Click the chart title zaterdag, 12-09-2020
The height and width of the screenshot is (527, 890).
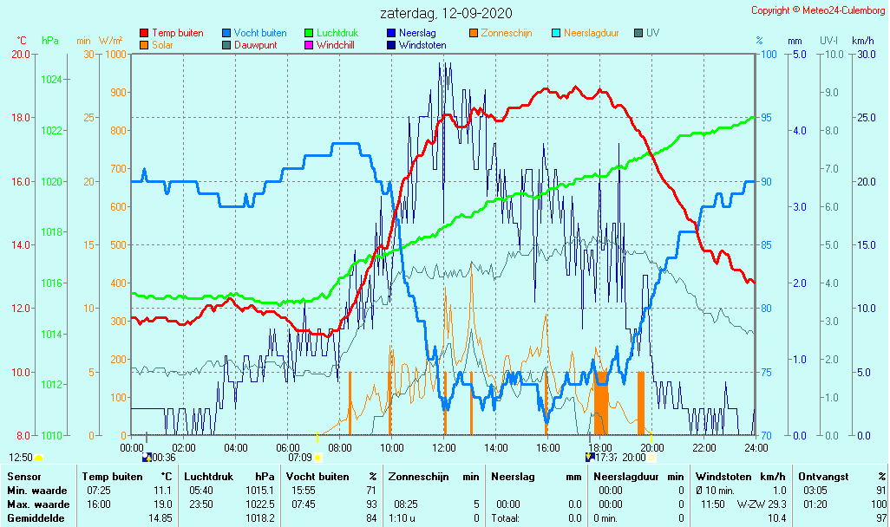446,13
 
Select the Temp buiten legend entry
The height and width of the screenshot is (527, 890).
177,33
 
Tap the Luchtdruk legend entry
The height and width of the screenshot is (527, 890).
339,33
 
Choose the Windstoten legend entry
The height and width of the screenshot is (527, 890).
422,45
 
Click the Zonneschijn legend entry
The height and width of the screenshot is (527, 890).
506,33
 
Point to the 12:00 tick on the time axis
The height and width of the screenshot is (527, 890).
444,447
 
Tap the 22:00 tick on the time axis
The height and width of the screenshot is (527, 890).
704,447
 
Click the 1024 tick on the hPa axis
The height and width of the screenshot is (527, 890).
51,80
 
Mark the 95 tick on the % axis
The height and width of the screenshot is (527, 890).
769,118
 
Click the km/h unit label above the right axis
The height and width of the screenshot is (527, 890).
863,41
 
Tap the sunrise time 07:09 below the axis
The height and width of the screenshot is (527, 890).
300,457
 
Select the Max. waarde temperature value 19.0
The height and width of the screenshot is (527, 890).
161,504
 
